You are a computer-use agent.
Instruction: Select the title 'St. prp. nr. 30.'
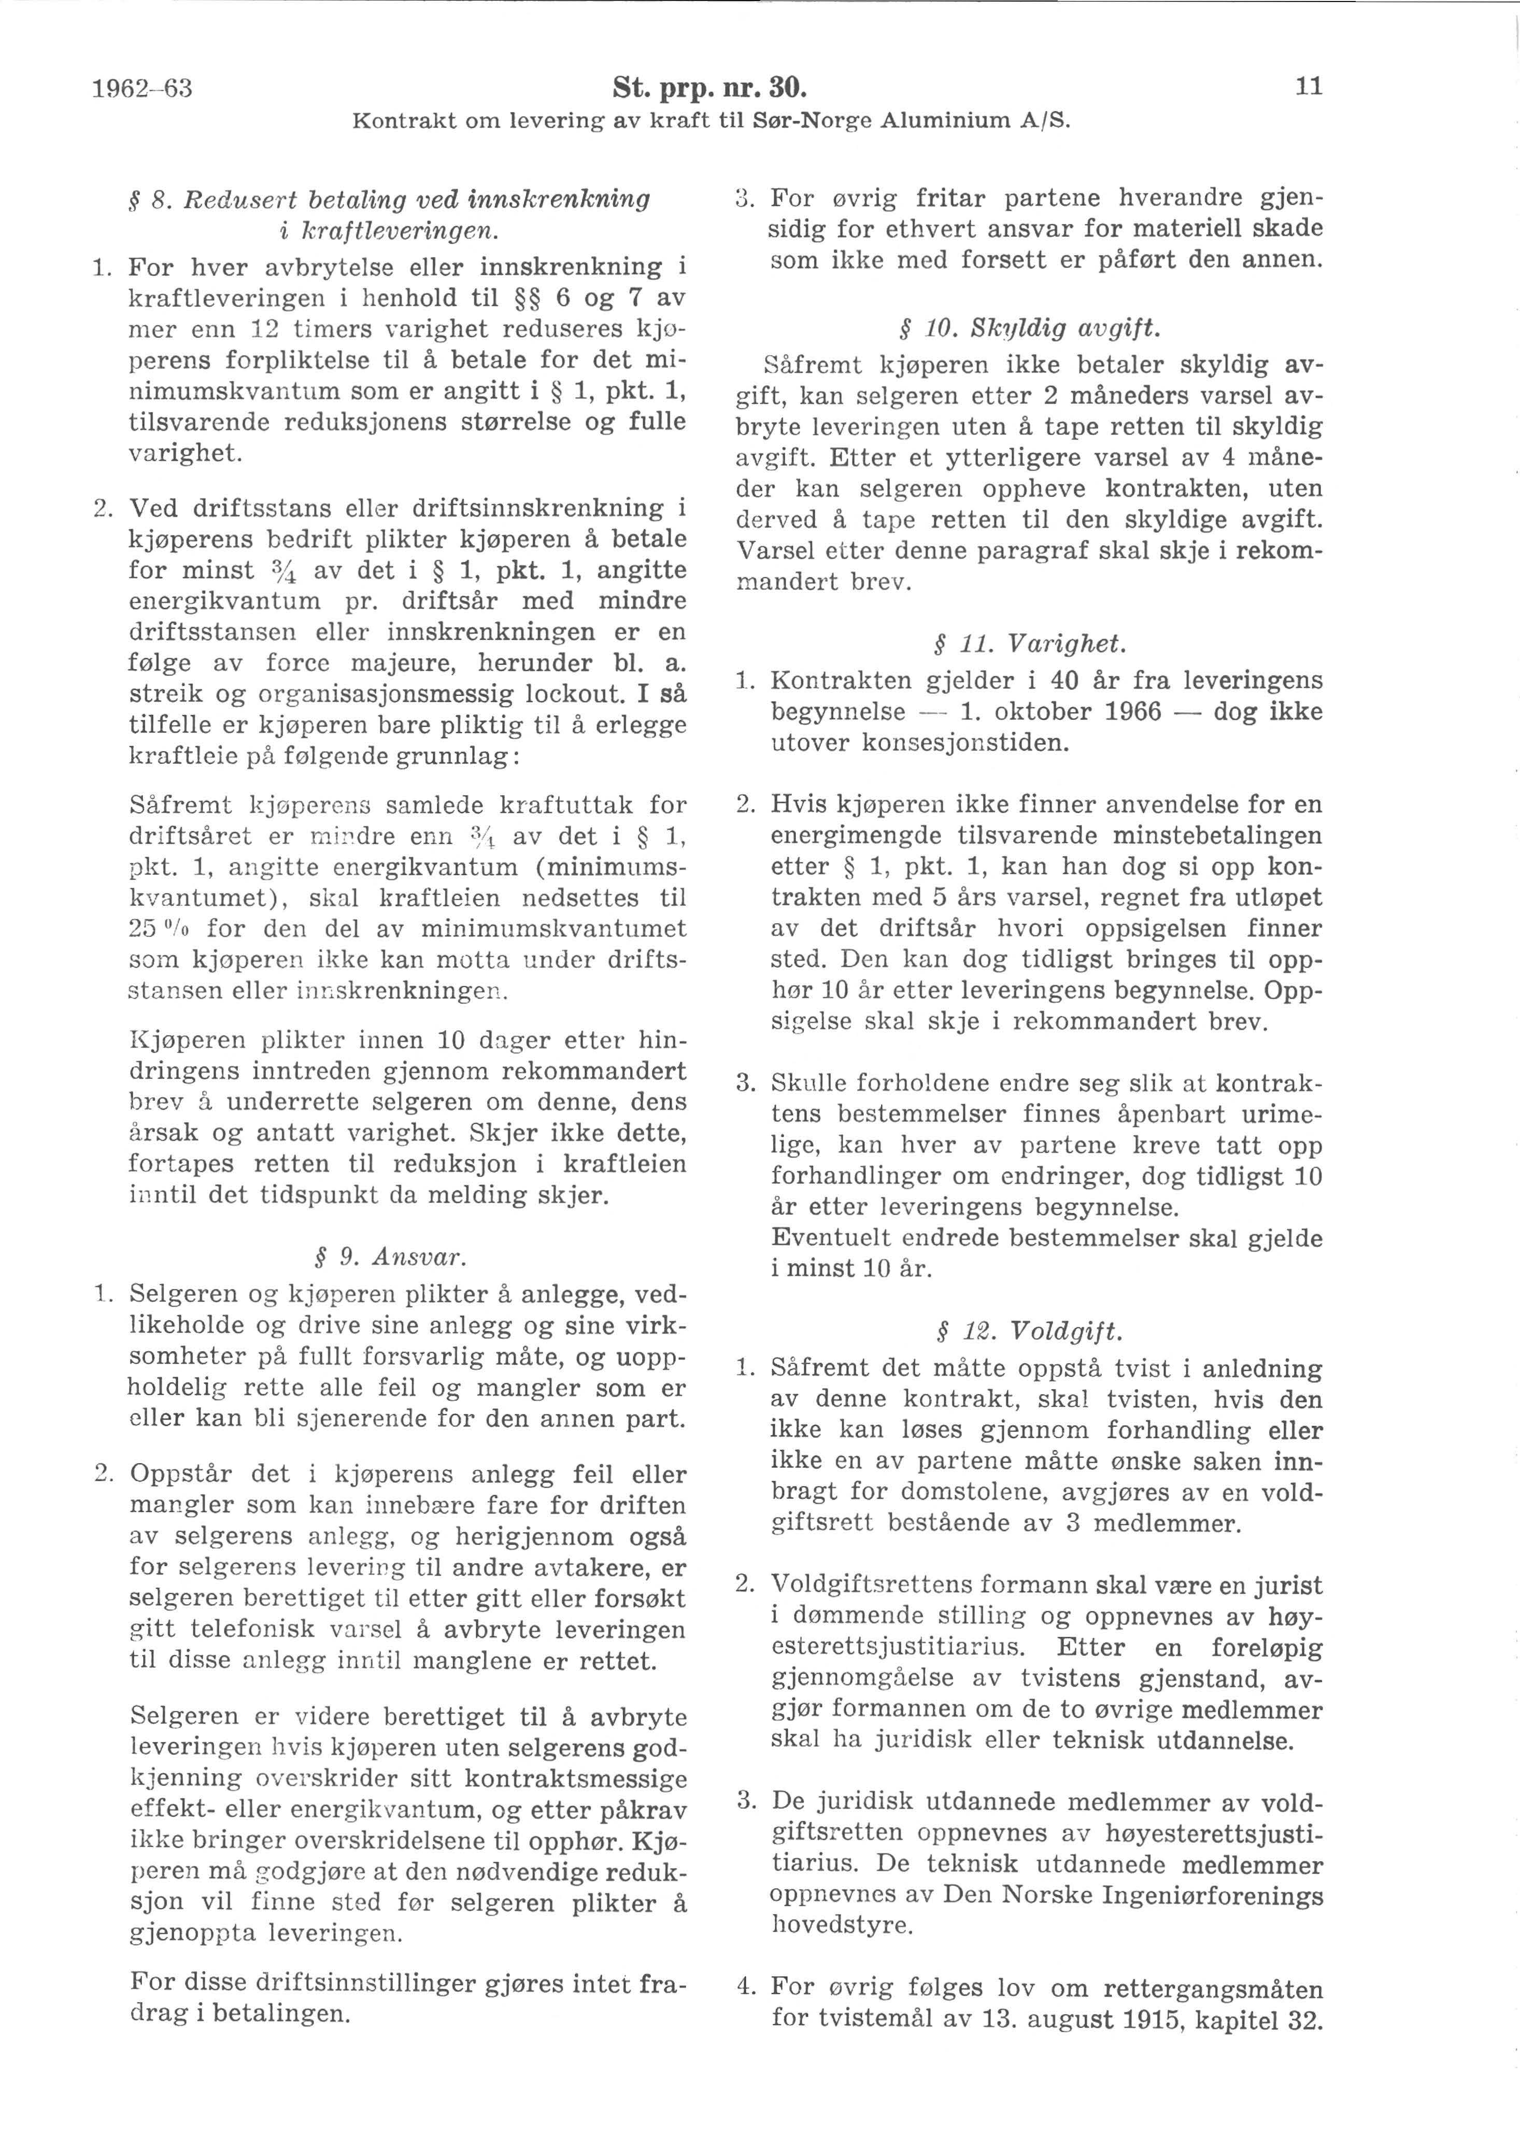coord(711,89)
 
